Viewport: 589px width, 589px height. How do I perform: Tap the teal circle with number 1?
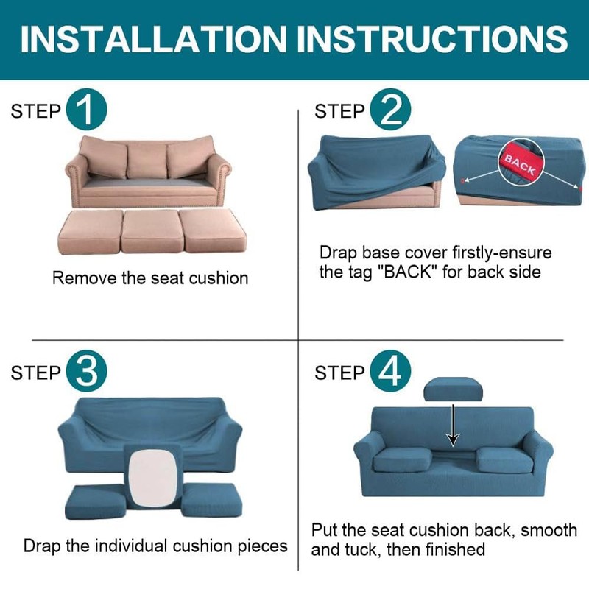tap(87, 111)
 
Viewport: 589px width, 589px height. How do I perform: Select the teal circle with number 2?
tap(391, 111)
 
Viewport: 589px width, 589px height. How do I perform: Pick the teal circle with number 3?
tap(87, 372)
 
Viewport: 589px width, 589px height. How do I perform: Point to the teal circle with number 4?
tap(391, 372)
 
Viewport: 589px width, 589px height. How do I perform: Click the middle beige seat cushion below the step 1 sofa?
tap(151, 231)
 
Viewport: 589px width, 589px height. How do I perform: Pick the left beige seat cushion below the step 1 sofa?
tap(88, 232)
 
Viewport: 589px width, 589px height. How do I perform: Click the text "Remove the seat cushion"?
tap(150, 278)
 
